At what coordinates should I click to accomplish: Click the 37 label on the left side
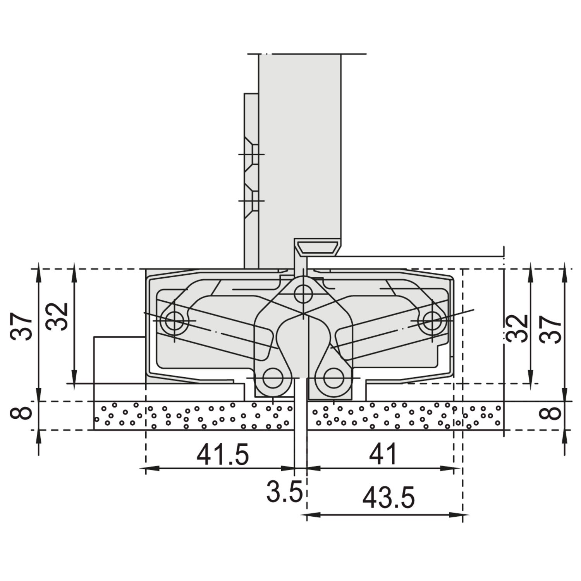(x=21, y=327)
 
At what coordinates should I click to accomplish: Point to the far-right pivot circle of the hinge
(x=432, y=321)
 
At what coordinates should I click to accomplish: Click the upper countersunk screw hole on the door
(x=252, y=155)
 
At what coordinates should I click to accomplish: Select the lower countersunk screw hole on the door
(x=252, y=201)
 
